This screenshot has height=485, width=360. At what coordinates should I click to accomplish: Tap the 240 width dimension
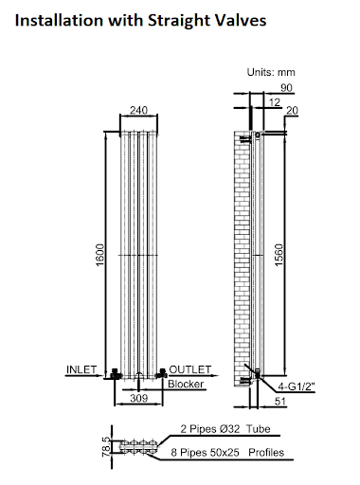pyautogui.click(x=138, y=108)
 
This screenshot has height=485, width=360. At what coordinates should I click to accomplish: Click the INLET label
pyautogui.click(x=82, y=368)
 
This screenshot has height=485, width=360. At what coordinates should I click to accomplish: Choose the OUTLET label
pyautogui.click(x=189, y=368)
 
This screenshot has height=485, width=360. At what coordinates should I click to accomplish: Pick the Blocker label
pyautogui.click(x=186, y=384)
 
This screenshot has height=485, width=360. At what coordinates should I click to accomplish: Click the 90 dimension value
pyautogui.click(x=286, y=88)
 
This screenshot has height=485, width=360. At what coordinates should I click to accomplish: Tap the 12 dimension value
pyautogui.click(x=275, y=101)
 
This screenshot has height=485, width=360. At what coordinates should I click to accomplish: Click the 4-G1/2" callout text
pyautogui.click(x=297, y=386)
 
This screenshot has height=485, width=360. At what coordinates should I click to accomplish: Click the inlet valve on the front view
pyautogui.click(x=114, y=372)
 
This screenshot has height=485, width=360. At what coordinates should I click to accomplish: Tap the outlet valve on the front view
pyautogui.click(x=162, y=372)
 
